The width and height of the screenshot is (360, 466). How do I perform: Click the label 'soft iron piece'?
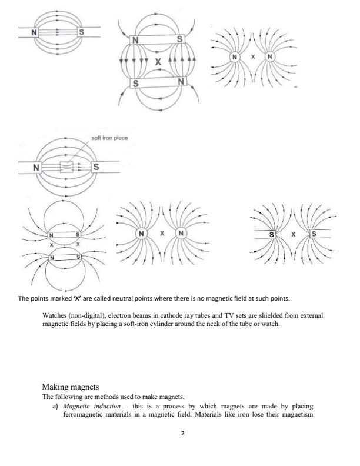[109, 138]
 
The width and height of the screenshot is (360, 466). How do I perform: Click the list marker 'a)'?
[56, 406]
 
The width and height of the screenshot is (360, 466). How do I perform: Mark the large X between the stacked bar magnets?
[157, 61]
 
